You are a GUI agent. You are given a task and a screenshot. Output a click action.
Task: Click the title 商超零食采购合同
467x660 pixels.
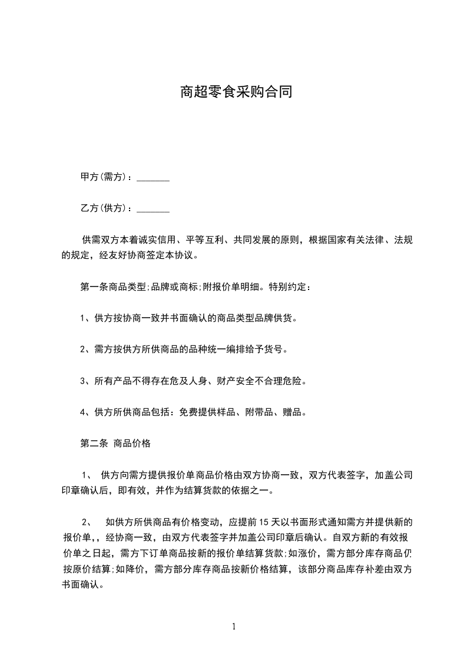236,92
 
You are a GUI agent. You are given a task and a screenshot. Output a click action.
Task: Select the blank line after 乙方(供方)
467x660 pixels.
153,208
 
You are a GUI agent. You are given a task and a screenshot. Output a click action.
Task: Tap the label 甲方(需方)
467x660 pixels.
105,177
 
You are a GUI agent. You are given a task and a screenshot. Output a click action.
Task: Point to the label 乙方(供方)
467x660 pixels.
105,208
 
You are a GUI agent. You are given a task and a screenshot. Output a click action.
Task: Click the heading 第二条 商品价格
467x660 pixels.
115,444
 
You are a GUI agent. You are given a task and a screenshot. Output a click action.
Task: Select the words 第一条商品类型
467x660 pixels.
114,287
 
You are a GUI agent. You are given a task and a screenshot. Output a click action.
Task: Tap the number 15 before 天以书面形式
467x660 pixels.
265,522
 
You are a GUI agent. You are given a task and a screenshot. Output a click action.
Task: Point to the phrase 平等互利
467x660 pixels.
205,240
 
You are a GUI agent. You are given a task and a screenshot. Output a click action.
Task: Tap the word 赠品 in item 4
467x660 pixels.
292,412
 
